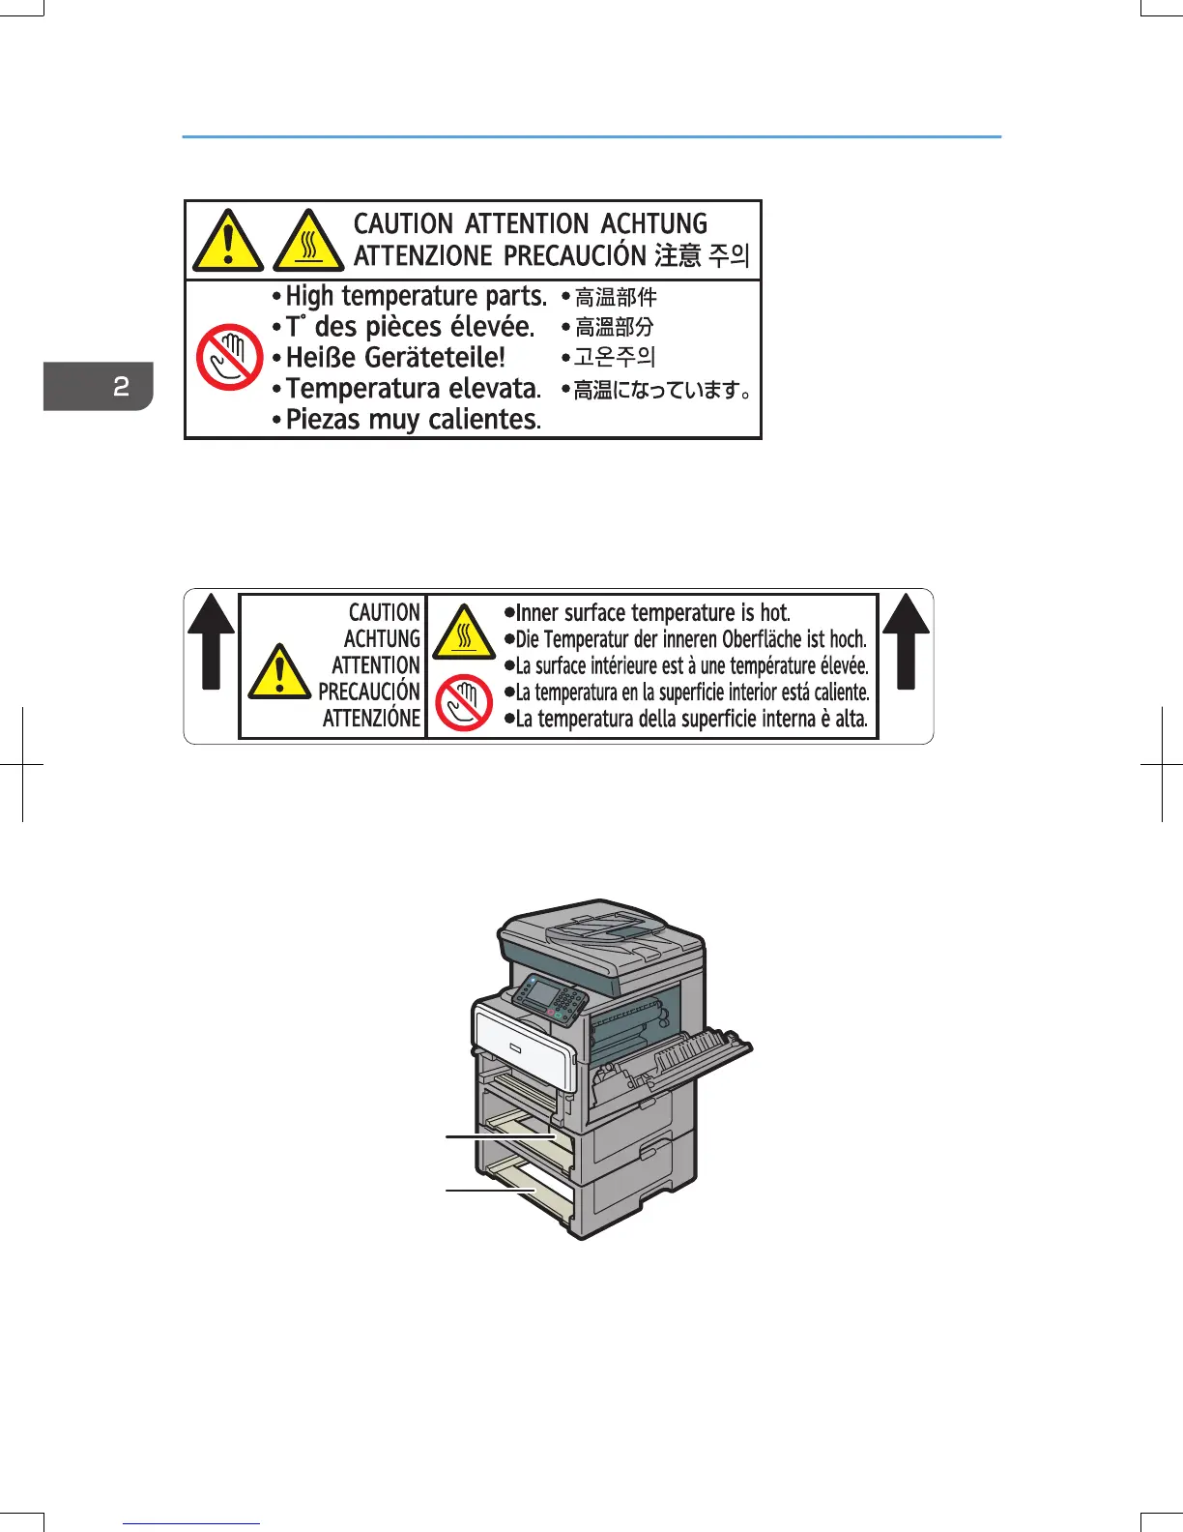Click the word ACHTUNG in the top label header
point(653,223)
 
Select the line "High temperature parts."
point(416,296)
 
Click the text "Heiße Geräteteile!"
point(395,357)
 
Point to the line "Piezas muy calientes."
point(413,420)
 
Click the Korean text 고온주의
point(615,357)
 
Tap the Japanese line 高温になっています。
point(663,390)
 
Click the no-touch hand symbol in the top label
point(230,356)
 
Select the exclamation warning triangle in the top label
point(227,242)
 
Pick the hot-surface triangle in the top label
point(308,242)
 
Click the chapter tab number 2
point(121,387)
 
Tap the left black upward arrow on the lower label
point(211,640)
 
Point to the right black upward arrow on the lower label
point(906,640)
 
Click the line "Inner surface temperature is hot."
point(652,612)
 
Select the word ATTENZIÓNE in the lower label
point(371,719)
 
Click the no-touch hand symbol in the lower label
point(464,702)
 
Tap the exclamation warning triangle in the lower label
point(279,671)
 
